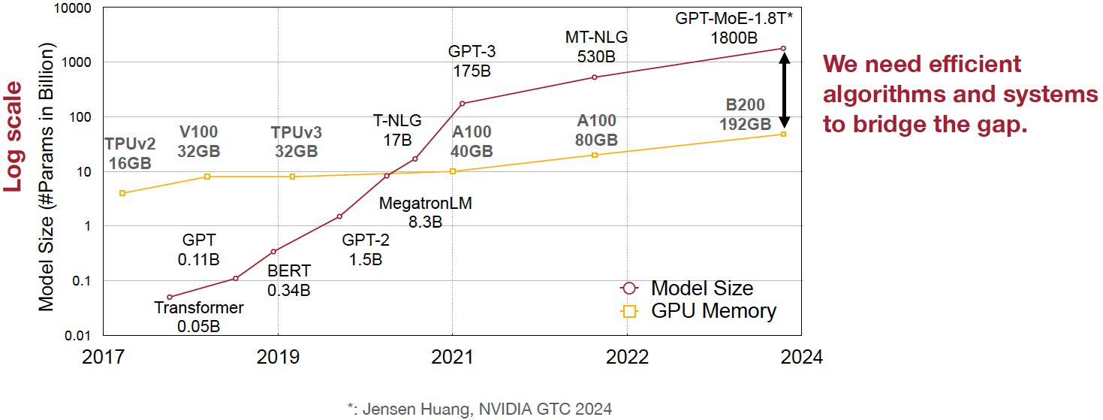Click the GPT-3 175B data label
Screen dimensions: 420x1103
click(x=472, y=62)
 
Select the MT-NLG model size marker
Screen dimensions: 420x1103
click(x=594, y=77)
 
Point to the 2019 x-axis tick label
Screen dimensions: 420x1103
click(x=278, y=356)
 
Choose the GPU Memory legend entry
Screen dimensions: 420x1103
click(x=698, y=310)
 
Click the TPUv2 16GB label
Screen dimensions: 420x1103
click(x=130, y=153)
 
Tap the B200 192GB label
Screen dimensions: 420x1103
click(x=745, y=114)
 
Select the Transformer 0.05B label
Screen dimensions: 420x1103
click(x=199, y=316)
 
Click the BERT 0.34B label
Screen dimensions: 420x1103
click(x=288, y=280)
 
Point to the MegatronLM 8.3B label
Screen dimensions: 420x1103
click(x=425, y=213)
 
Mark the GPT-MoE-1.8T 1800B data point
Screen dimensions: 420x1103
click(x=783, y=48)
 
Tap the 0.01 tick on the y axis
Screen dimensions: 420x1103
click(x=76, y=335)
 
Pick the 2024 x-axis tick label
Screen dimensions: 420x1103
click(x=802, y=356)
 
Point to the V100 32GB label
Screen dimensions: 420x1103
click(x=198, y=141)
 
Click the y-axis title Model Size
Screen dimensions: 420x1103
click(x=47, y=177)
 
